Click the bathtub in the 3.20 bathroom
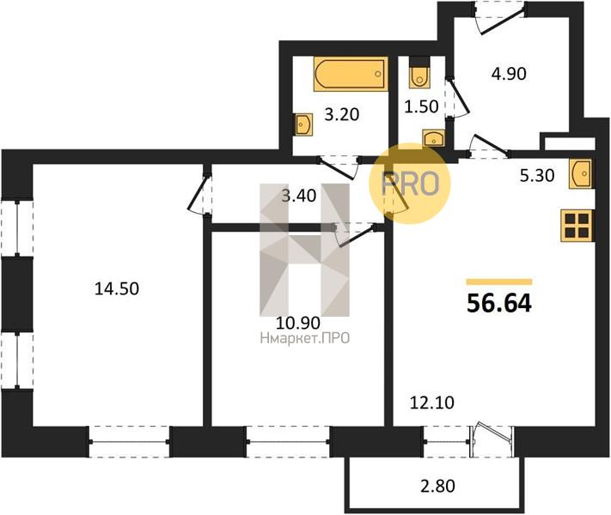click(x=351, y=74)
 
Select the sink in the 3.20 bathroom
click(x=303, y=124)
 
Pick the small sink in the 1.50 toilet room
click(x=433, y=138)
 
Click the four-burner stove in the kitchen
click(x=577, y=226)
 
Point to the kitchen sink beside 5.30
click(x=580, y=173)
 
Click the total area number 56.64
click(x=499, y=303)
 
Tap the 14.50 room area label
click(x=117, y=289)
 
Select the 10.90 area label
click(x=298, y=323)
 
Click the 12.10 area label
click(x=432, y=403)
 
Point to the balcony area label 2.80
click(x=437, y=486)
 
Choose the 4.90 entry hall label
click(x=509, y=74)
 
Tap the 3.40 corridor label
click(x=299, y=196)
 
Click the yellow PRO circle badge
click(x=410, y=184)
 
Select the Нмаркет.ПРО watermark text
click(x=305, y=339)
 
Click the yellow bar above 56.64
click(x=499, y=282)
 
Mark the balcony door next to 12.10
click(x=492, y=439)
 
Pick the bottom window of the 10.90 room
click(x=289, y=441)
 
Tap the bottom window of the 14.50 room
click(x=129, y=441)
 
